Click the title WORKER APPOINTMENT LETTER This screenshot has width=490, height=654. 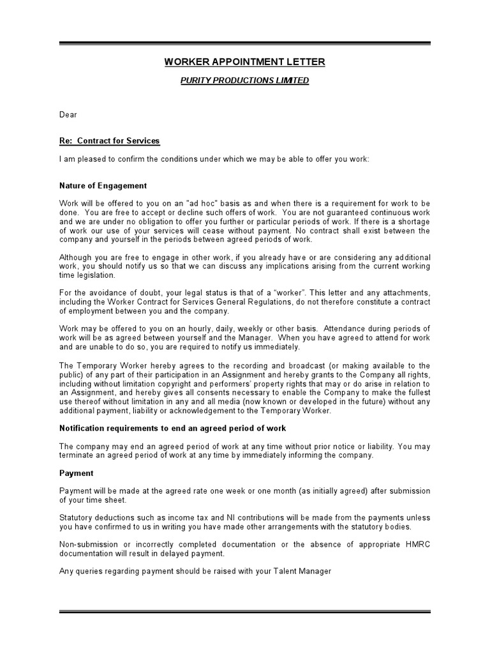(245, 62)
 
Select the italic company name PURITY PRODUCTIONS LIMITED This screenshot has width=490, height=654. (245, 80)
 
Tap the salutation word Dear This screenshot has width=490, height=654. (68, 114)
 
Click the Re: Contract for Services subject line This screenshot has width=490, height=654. (109, 141)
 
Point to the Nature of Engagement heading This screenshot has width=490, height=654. (103, 186)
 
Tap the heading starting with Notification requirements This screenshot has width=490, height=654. (173, 428)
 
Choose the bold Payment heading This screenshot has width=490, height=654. (77, 473)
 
